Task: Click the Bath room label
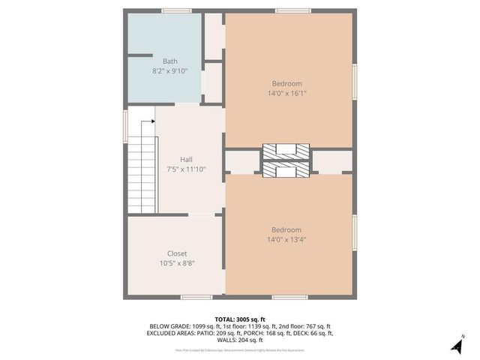[x=170, y=61]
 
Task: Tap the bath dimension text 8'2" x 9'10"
[x=170, y=71]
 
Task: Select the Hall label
[x=186, y=159]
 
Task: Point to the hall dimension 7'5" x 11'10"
[x=186, y=169]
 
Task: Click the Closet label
[x=177, y=253]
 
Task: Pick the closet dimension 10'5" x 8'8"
[x=177, y=263]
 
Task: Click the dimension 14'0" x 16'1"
[x=287, y=94]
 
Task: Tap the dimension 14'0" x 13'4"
[x=287, y=240]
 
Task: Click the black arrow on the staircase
[x=152, y=120]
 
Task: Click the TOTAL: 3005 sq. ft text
[x=240, y=319]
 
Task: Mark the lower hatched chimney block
[x=286, y=171]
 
